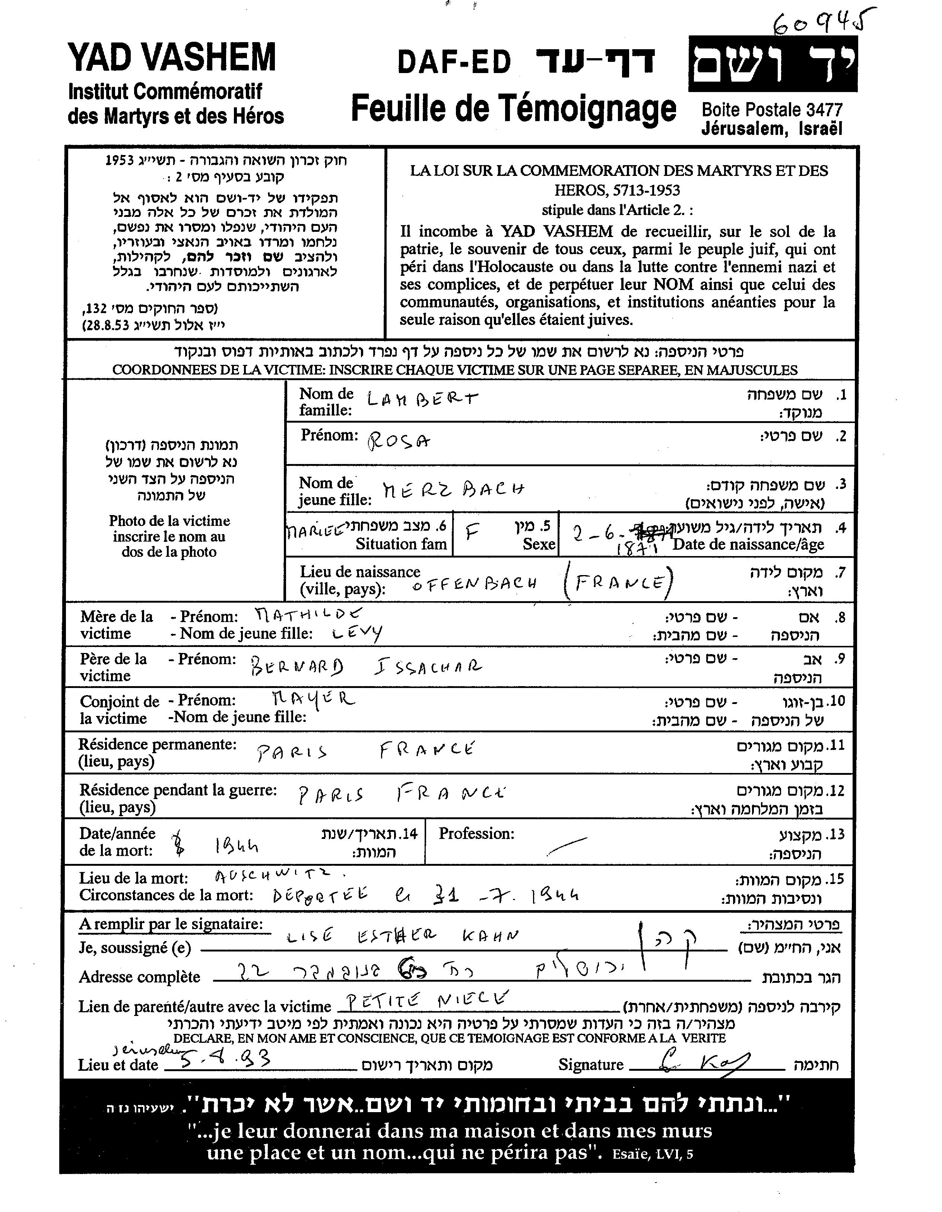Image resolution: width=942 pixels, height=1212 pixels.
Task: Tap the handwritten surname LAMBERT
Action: pos(422,400)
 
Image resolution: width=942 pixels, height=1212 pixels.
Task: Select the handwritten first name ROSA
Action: pos(398,441)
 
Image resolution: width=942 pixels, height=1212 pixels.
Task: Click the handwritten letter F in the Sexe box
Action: pos(472,533)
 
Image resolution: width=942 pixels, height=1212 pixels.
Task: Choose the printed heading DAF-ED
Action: pos(454,62)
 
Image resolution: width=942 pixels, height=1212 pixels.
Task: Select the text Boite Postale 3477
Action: pos(772,109)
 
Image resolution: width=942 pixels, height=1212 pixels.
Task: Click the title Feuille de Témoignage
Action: pos(513,108)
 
